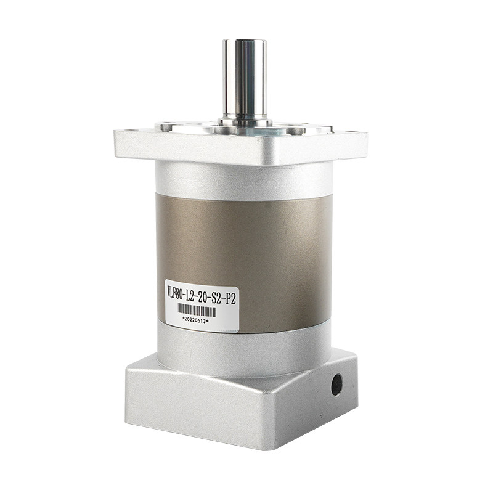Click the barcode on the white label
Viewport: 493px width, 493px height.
pos(197,311)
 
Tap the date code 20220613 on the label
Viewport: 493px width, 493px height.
pos(195,320)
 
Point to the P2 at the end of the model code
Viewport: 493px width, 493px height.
pos(229,298)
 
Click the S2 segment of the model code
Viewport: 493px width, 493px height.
pos(214,297)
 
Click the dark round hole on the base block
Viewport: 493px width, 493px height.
pos(336,385)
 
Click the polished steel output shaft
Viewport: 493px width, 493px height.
pos(245,79)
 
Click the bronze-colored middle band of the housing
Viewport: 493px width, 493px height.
pos(244,261)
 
